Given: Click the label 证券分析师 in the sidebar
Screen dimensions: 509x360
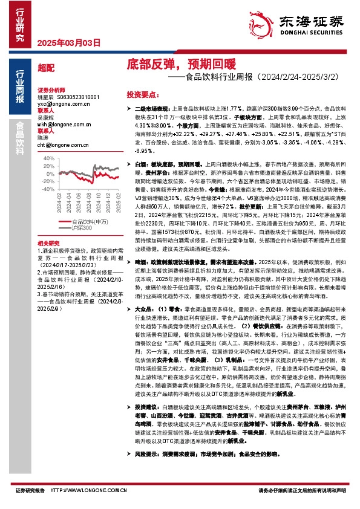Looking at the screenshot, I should tap(50, 89).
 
